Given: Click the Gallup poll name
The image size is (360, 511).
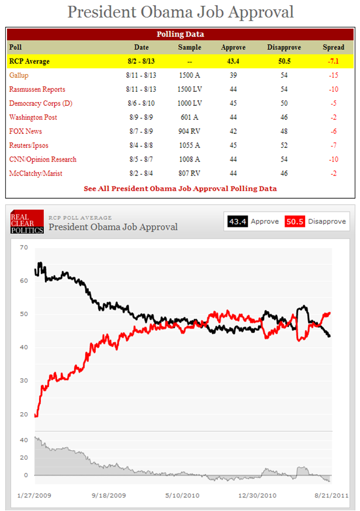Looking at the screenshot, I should [x=19, y=75].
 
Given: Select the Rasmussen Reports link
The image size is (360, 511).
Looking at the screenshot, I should [x=37, y=89].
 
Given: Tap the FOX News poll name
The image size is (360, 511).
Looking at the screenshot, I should [x=25, y=132].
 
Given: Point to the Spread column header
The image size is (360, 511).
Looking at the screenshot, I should [x=333, y=47].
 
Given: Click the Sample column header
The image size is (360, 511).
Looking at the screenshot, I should [x=189, y=47].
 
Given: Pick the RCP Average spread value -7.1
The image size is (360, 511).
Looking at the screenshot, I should [x=333, y=61].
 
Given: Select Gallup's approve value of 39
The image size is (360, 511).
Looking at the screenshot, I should [x=233, y=75].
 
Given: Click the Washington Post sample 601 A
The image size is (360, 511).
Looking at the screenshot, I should [x=189, y=118].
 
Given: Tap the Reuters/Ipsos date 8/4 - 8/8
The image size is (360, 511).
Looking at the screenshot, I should [x=141, y=146].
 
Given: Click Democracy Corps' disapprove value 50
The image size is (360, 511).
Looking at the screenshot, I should [x=284, y=103].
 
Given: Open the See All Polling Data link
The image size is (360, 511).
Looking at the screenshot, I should [x=180, y=189].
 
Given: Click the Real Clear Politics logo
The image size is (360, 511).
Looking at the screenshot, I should [x=27, y=222].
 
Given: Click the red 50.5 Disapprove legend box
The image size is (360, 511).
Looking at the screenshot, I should [x=295, y=222].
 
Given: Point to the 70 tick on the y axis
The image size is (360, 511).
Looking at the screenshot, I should [x=24, y=247].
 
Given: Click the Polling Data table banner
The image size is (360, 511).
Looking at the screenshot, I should [x=180, y=34].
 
